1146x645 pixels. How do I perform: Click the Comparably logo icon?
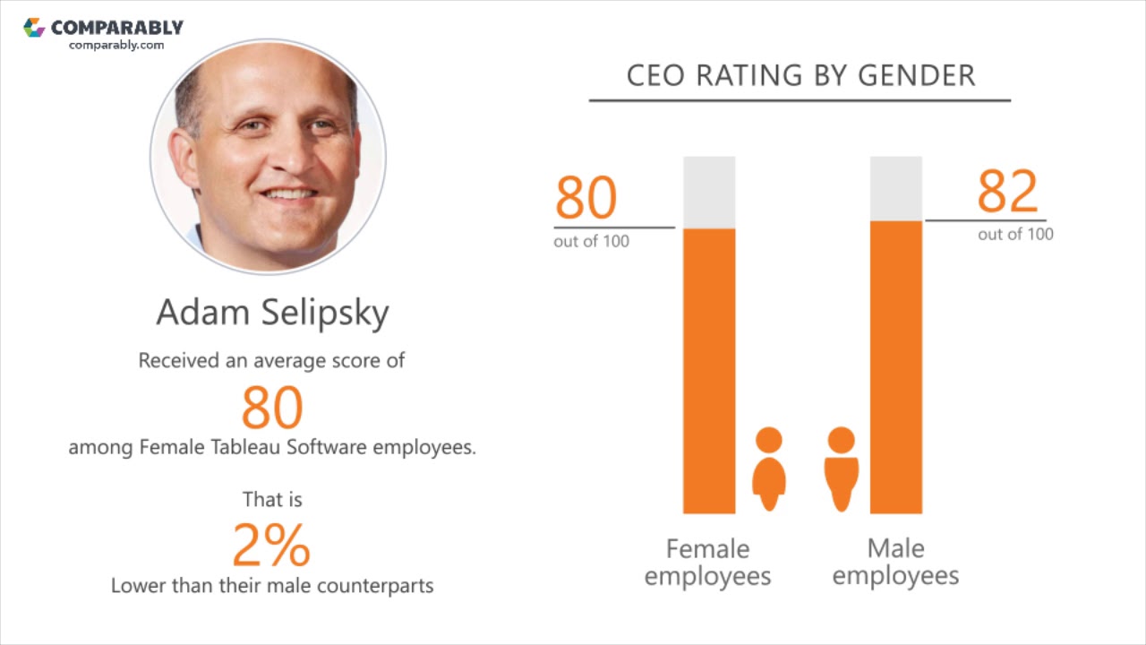[x=34, y=27]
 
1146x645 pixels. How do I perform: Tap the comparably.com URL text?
[x=116, y=45]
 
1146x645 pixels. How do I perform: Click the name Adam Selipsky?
[x=272, y=313]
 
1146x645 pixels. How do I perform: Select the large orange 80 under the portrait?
[x=272, y=407]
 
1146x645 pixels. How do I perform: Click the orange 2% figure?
[x=271, y=545]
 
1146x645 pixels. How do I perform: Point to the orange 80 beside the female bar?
[x=586, y=198]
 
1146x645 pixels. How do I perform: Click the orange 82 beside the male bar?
[x=1007, y=191]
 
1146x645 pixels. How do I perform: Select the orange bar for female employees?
[x=709, y=371]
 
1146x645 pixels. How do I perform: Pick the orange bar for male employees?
[x=896, y=367]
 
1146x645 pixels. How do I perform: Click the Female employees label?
[x=707, y=562]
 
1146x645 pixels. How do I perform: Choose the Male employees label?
[x=895, y=562]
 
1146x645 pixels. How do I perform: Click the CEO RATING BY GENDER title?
[x=800, y=76]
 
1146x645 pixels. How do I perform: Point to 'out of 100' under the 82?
[x=1015, y=235]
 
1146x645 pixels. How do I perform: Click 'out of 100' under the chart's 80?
[x=591, y=242]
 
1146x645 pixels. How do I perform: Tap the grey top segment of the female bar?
[x=709, y=192]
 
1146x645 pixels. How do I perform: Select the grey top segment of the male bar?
[x=896, y=188]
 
